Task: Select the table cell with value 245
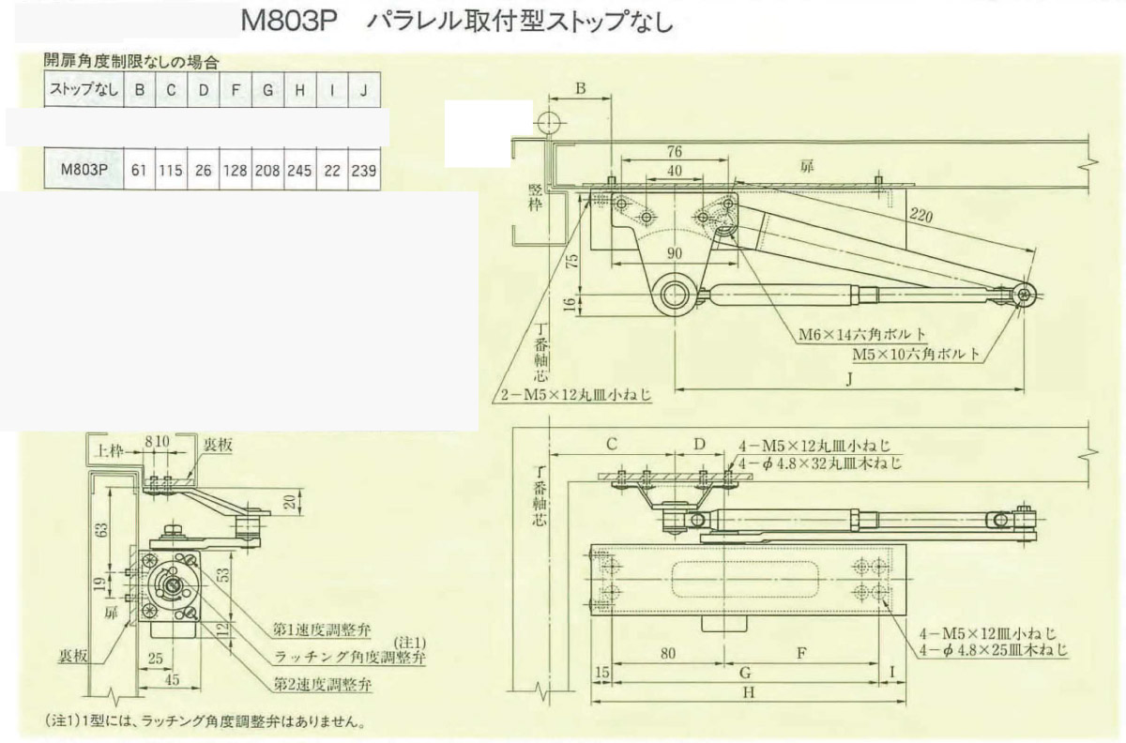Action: click(299, 172)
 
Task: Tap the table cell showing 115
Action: click(171, 172)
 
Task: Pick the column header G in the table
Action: click(267, 91)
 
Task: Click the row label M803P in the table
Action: click(84, 172)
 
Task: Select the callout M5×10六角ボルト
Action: click(918, 355)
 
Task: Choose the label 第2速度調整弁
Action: click(322, 684)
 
